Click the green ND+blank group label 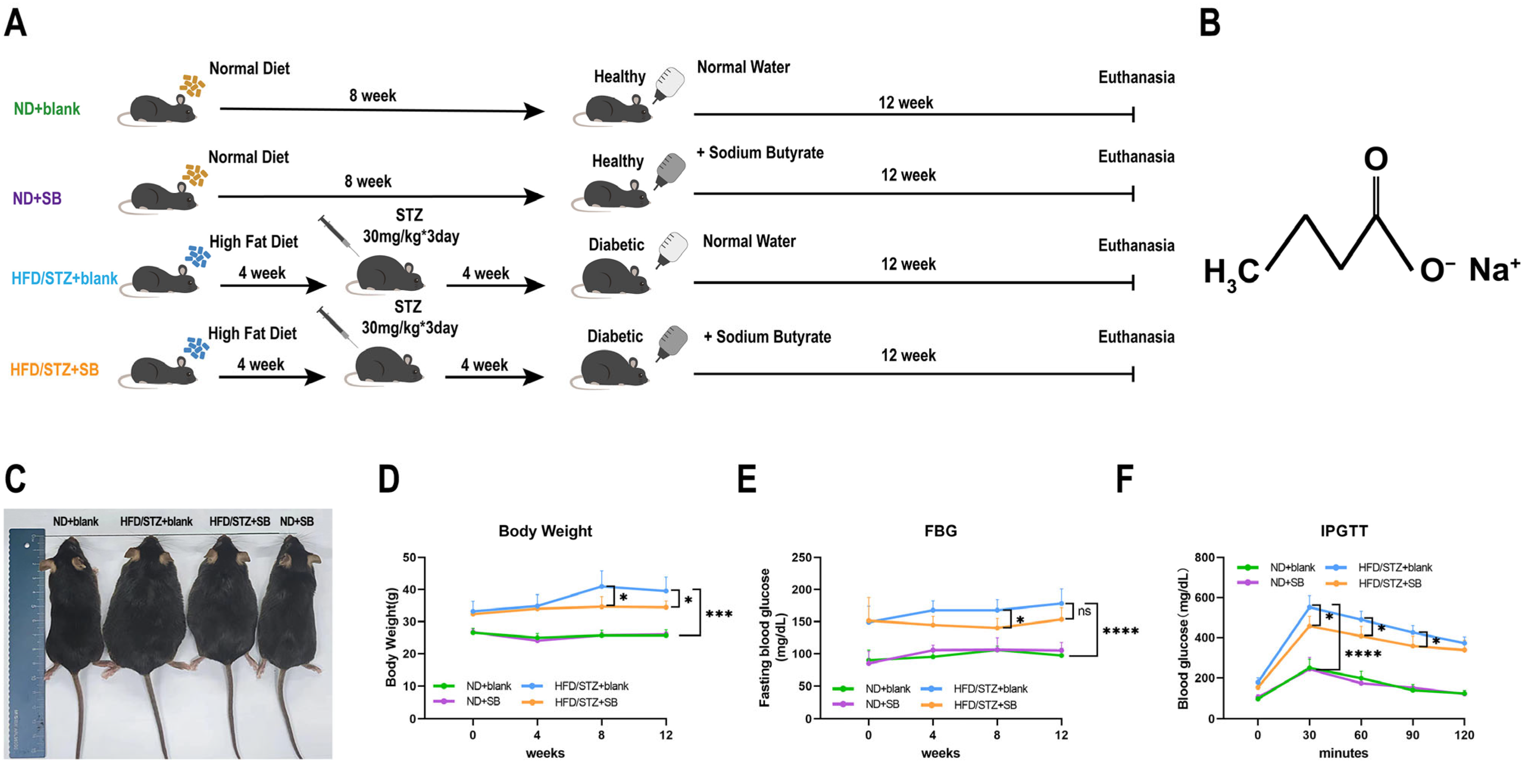pyautogui.click(x=47, y=109)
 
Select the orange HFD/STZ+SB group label pyautogui.click(x=55, y=370)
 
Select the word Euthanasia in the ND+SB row pyautogui.click(x=1136, y=157)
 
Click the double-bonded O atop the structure pyautogui.click(x=1376, y=159)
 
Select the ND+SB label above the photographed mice pyautogui.click(x=297, y=521)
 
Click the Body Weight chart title pyautogui.click(x=545, y=531)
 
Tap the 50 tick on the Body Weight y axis pyautogui.click(x=409, y=557)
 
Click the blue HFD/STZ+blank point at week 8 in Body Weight pyautogui.click(x=602, y=587)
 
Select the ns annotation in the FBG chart pyautogui.click(x=1084, y=611)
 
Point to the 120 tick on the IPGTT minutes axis pyautogui.click(x=1464, y=735)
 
